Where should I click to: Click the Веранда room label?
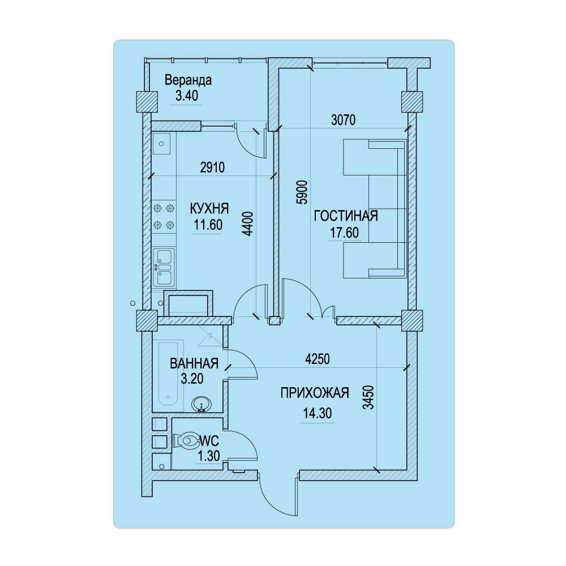pos(188,80)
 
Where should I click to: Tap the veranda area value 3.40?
pos(187,96)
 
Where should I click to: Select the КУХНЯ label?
pos(209,209)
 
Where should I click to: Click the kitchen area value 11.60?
pos(208,225)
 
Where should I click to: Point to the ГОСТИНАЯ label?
pos(346,216)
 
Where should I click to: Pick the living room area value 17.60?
pos(345,233)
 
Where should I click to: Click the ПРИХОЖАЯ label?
pos(315,393)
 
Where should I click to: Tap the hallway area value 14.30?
pos(318,413)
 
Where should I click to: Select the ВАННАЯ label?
pos(194,363)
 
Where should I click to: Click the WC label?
pos(209,441)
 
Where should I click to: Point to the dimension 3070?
pos(344,120)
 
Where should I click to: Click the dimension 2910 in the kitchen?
pos(213,168)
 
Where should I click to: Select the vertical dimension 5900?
pos(303,192)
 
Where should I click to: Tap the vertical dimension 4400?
pos(248,224)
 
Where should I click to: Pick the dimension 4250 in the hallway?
pos(318,359)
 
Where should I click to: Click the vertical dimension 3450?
pos(368,397)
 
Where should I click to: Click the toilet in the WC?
pos(186,440)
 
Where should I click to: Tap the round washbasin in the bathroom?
pos(201,404)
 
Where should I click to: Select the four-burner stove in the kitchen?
pos(164,217)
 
